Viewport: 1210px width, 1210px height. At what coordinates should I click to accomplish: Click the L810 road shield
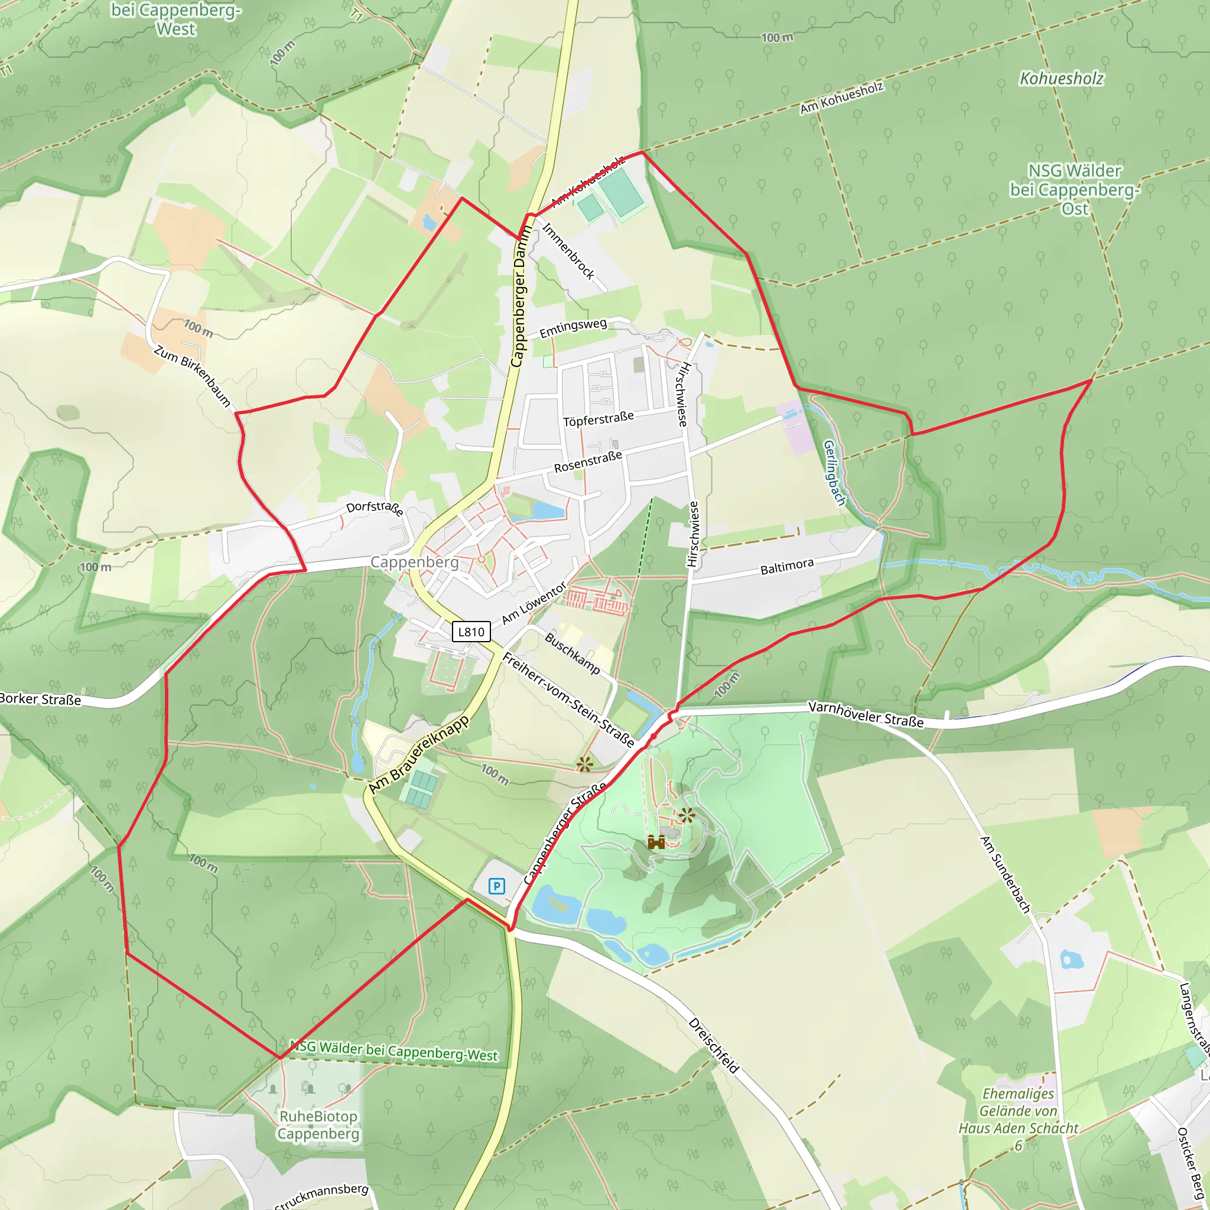click(471, 632)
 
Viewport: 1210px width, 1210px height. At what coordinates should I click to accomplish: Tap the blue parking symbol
click(497, 886)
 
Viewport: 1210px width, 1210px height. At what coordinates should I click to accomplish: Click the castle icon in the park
click(656, 843)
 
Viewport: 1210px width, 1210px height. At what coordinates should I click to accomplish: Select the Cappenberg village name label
click(414, 562)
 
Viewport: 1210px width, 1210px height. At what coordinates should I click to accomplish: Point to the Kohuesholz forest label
click(1062, 79)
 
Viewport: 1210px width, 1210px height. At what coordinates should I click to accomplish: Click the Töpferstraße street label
click(598, 419)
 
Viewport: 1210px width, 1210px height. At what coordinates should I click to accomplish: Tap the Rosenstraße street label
click(587, 461)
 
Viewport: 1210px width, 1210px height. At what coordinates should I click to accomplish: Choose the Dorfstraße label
click(375, 508)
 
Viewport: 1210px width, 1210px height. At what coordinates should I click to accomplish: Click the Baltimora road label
click(786, 566)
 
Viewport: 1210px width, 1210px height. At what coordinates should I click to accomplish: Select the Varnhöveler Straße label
click(866, 715)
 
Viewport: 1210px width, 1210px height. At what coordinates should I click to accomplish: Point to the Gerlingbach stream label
click(834, 473)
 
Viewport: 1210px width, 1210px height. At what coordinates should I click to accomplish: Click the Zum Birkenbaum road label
click(192, 376)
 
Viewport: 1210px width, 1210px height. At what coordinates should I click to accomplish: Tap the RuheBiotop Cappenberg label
click(318, 1125)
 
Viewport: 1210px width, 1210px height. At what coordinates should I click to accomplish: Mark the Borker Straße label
click(40, 699)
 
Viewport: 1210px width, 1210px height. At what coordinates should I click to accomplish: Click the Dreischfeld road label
click(713, 1045)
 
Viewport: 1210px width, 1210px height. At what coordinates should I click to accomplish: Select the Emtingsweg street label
click(573, 327)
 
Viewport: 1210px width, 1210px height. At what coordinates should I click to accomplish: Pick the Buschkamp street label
click(572, 653)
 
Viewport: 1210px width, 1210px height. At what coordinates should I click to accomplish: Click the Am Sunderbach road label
click(1004, 874)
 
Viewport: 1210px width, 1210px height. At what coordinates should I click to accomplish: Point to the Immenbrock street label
click(567, 251)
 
